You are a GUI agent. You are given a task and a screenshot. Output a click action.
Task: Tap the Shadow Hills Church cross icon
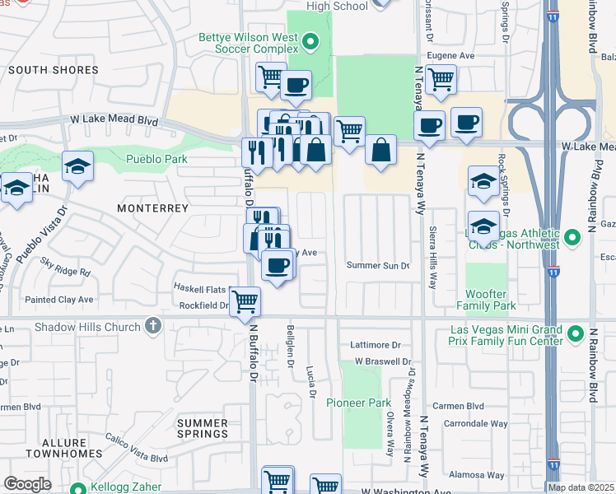[x=152, y=327]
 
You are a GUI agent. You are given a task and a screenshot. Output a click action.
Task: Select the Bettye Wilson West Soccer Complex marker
[x=310, y=40]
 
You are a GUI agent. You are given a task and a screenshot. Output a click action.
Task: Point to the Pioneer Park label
[x=357, y=403]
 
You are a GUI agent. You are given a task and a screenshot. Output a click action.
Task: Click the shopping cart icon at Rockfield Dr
[x=245, y=301]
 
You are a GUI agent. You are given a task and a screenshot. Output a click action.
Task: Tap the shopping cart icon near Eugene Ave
[x=441, y=80]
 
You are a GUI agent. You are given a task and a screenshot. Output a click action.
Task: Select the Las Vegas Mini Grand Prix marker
[x=574, y=336]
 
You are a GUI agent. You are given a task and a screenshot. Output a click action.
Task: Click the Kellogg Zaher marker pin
[x=78, y=487]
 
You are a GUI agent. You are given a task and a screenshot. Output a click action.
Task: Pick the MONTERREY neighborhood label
[x=153, y=208]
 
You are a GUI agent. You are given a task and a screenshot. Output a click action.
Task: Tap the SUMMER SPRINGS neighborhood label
[x=203, y=428]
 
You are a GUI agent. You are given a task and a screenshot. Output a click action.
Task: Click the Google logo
[x=27, y=484]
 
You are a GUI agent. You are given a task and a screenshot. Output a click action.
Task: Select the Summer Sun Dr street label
[x=378, y=266]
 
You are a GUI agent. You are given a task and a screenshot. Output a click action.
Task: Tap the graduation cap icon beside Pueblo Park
[x=77, y=166]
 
